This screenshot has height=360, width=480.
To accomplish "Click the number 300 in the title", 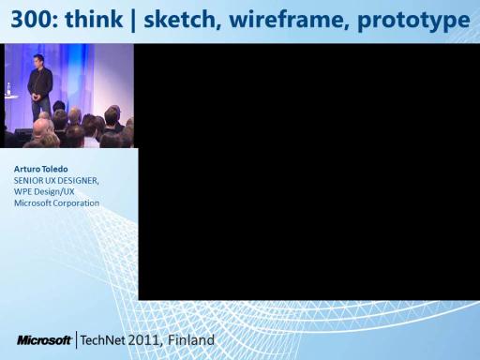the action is pos(31,20).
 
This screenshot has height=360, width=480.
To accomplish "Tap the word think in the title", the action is pos(94,20).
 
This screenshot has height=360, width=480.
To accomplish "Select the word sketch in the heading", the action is pos(180,20).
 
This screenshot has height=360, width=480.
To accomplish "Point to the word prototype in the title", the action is pos(413,22).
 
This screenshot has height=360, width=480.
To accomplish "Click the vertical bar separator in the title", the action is pos(133,21).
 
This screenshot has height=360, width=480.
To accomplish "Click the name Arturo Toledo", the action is pos(41,169).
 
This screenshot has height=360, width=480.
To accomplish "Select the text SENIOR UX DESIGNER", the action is pos(55,181).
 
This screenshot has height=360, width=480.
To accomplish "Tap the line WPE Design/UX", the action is pos(44,191).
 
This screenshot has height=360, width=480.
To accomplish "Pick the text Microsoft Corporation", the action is pos(56,203).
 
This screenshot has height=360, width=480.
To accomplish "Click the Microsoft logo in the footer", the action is pos(44,340).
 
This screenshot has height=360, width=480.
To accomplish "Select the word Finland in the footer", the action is pos(191,340).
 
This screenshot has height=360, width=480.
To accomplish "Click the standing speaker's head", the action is pos(38,61).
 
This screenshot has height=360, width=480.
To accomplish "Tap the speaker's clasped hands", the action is pos(37,97).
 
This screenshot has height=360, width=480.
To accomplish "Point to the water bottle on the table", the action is pos(8,89).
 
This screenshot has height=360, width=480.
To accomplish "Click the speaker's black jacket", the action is pos(39,83).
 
